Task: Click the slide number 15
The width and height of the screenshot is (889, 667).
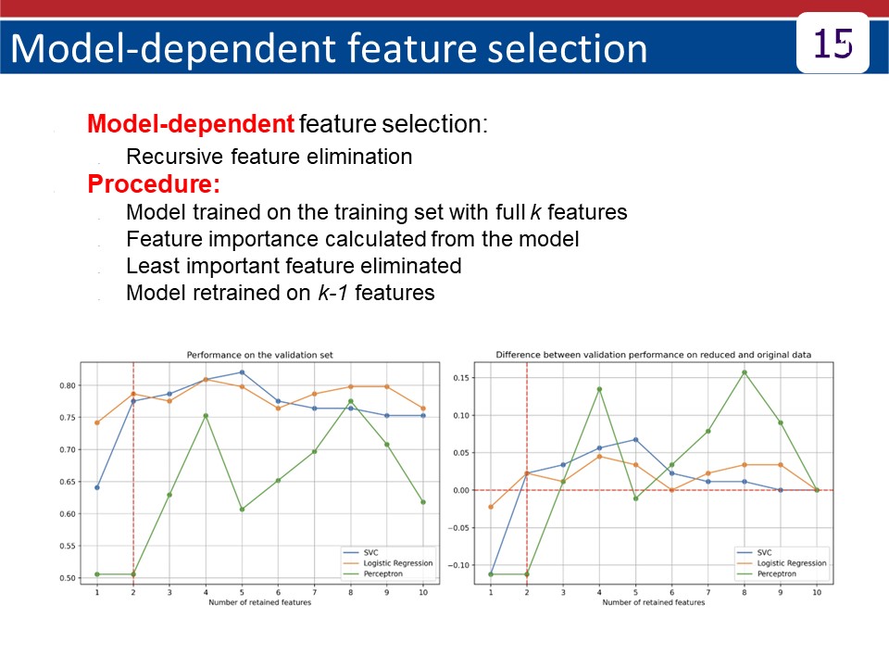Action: pyautogui.click(x=832, y=44)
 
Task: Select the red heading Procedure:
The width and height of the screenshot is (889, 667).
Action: pyautogui.click(x=154, y=184)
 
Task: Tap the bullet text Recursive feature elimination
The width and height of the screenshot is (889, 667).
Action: pyautogui.click(x=269, y=157)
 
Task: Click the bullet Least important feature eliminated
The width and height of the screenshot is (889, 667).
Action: pyautogui.click(x=293, y=266)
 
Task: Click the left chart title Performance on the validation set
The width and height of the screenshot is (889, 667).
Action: pyautogui.click(x=259, y=355)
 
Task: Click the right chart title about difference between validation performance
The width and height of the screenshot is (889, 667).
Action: pyautogui.click(x=653, y=355)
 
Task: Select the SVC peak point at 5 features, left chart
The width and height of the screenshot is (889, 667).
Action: pyautogui.click(x=242, y=372)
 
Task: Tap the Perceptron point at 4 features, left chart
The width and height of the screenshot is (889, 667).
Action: pyautogui.click(x=206, y=416)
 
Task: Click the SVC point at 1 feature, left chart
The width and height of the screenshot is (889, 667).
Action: pyautogui.click(x=97, y=487)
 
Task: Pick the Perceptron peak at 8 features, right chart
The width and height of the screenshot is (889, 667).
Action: pyautogui.click(x=745, y=372)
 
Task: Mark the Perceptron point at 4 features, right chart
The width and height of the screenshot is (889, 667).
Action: pyautogui.click(x=599, y=389)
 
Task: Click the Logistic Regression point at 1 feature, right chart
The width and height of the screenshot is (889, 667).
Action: pyautogui.click(x=491, y=507)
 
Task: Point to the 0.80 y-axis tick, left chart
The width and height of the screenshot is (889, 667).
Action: pyautogui.click(x=69, y=385)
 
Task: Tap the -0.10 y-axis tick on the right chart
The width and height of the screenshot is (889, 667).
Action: pyautogui.click(x=460, y=565)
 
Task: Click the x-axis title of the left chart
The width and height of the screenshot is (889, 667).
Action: pyautogui.click(x=259, y=602)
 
